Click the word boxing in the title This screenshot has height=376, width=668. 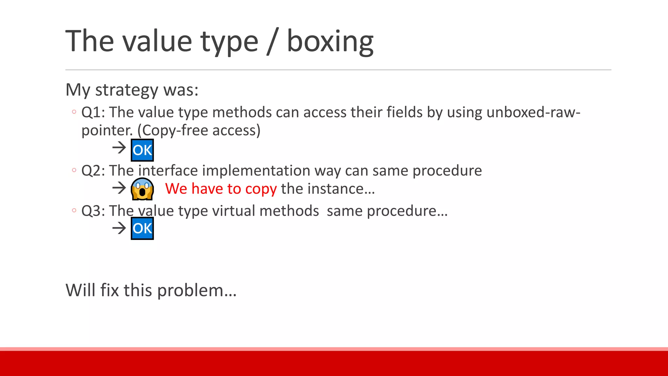tap(330, 41)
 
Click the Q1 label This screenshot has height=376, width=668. tap(93, 112)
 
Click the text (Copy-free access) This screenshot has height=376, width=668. tap(199, 130)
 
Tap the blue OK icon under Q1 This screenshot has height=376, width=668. tap(142, 150)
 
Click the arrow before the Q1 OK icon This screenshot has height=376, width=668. tap(119, 148)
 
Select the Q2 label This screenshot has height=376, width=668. tap(93, 171)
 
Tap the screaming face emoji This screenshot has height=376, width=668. tap(142, 189)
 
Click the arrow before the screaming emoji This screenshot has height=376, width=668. tap(119, 188)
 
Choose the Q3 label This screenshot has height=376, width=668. tap(93, 211)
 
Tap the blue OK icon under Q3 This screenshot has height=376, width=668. tap(142, 228)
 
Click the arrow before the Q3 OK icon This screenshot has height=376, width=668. tap(119, 228)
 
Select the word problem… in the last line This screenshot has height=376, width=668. tap(197, 290)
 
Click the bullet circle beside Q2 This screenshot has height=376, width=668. tap(74, 170)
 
